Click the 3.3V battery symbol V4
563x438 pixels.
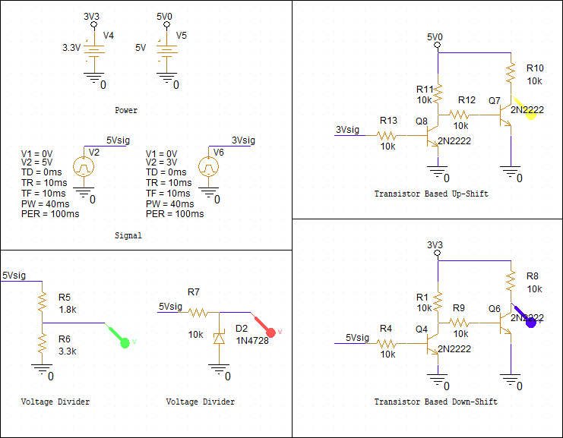tap(94, 50)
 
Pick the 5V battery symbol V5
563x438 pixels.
tap(166, 50)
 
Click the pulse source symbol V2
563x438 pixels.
tap(84, 167)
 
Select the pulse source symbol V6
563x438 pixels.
tap(209, 167)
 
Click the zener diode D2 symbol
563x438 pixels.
tap(219, 338)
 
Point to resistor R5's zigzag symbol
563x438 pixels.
tap(43, 301)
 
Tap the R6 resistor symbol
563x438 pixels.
tap(43, 343)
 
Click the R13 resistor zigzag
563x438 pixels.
tap(386, 136)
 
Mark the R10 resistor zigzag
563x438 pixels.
tap(511, 73)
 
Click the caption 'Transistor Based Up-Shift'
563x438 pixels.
tap(432, 194)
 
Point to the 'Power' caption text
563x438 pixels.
tap(126, 110)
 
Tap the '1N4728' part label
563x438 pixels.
tap(252, 340)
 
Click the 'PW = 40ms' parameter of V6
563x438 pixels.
tap(170, 203)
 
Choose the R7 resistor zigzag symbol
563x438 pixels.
tap(198, 313)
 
